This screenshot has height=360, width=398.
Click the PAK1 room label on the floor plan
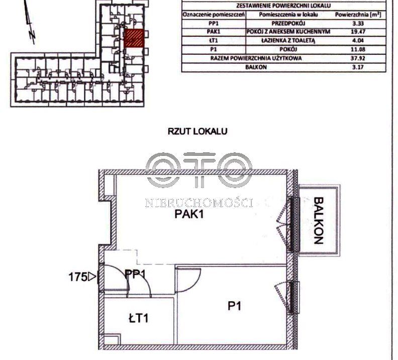point(189,215)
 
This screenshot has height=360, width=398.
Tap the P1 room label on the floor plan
point(234,306)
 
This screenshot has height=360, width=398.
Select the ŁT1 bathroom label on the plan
point(138,318)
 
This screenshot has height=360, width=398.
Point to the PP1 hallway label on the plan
point(136,274)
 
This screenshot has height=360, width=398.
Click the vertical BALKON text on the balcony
point(318,220)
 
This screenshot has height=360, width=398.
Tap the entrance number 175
point(78,277)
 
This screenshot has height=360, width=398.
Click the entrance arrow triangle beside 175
point(92,277)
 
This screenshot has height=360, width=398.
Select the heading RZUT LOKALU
point(197,131)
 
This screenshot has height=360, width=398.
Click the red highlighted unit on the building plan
point(134,38)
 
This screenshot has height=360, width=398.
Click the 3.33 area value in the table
point(358,23)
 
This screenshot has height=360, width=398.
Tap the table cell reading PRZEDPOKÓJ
point(288,23)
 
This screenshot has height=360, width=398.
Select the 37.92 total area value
point(358,58)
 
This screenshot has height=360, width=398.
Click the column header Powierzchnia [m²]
point(358,15)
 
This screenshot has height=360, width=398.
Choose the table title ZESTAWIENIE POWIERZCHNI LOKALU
point(283,6)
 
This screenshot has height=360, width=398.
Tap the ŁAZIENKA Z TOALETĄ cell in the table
point(288,41)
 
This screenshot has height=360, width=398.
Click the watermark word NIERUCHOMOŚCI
point(199,203)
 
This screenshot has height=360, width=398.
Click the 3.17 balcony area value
point(358,67)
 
